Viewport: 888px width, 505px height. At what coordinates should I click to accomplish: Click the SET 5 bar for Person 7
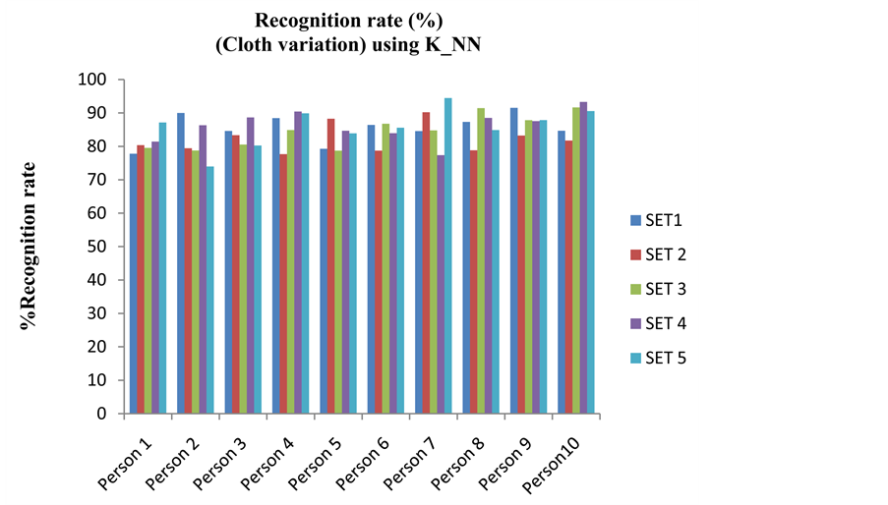(x=448, y=255)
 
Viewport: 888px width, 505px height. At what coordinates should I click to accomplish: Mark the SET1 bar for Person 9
(x=514, y=260)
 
